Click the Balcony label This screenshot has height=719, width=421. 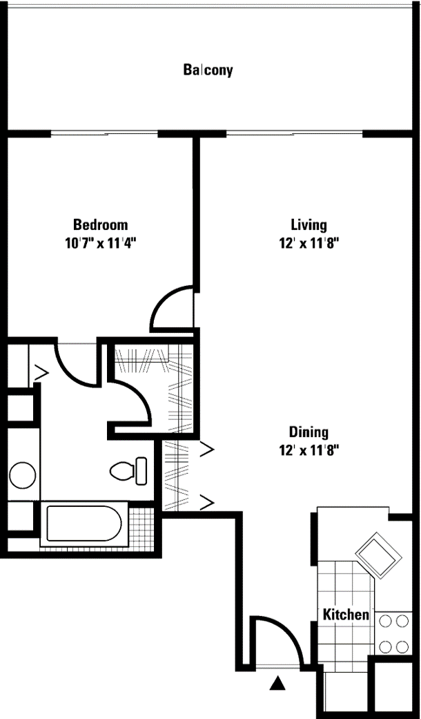[x=208, y=70]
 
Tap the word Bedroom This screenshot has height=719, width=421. [x=101, y=225]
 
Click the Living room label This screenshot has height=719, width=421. [x=308, y=225]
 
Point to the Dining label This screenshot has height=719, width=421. [x=308, y=432]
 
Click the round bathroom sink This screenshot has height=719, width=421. [x=23, y=476]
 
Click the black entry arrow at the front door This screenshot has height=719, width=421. [x=277, y=683]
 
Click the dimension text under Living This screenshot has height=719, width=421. [x=308, y=243]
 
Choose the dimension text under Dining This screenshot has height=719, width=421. [x=308, y=450]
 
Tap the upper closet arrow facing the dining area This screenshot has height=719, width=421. [x=206, y=450]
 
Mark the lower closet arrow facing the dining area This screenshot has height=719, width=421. [x=206, y=500]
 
